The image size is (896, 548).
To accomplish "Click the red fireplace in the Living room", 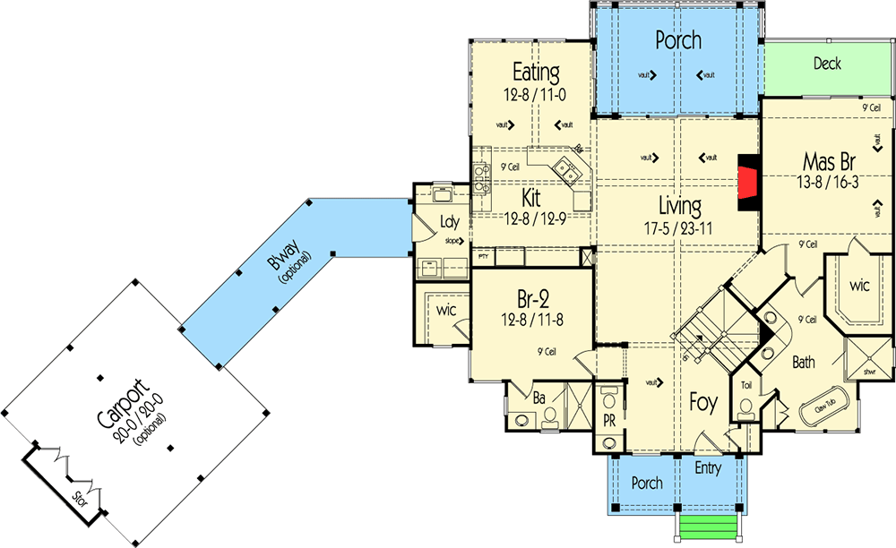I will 745,182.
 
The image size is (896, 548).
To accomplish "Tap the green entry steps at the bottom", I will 709,528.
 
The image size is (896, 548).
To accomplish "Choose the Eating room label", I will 536,72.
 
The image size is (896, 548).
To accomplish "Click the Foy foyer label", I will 703,404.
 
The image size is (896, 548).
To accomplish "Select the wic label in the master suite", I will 860,286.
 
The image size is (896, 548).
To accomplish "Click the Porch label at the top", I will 677,40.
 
